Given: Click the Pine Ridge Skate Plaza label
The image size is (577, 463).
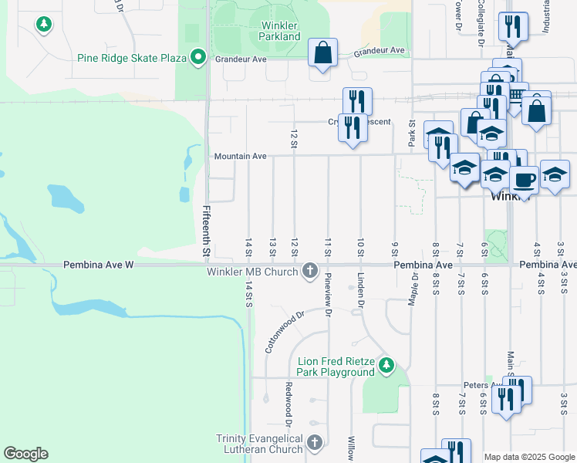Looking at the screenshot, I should [133, 58].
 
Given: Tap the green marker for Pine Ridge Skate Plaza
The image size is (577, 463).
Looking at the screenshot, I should [198, 57].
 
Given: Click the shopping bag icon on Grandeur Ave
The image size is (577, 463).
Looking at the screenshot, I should [323, 53].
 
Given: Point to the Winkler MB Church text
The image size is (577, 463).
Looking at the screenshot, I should [252, 272].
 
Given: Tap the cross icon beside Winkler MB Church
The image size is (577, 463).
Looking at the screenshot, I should [310, 270].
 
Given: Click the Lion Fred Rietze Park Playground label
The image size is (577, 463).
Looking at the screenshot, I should [336, 367].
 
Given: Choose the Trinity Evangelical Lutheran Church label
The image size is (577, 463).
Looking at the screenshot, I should [259, 444].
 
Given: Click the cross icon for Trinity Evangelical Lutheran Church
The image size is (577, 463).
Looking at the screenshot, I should [314, 443].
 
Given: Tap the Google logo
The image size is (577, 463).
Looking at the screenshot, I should [25, 454].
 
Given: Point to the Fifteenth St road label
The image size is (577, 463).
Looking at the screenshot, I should [206, 231].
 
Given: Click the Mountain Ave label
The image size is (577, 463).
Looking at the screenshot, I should [240, 157].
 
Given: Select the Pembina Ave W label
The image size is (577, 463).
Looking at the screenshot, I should [100, 265].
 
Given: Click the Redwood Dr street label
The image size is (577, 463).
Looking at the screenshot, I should [288, 404].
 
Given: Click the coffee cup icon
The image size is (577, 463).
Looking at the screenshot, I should [524, 181].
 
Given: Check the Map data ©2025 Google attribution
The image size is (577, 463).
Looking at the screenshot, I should [529, 457].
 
